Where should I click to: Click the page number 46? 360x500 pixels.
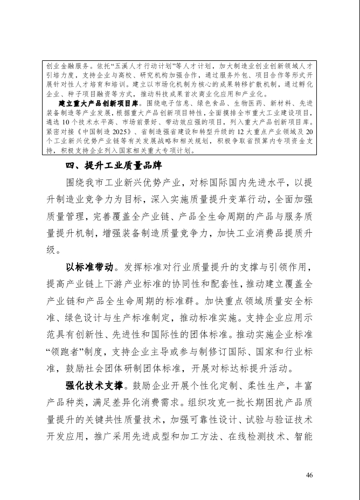[x=309, y=475]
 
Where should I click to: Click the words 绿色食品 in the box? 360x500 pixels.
[x=210, y=102]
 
